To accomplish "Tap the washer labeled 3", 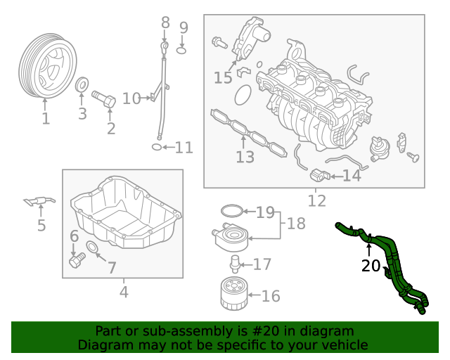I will coord(82,86).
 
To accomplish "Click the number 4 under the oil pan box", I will coord(124,290).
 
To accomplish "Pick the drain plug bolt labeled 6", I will coord(76,262).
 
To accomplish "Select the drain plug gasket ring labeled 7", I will coord(92,247).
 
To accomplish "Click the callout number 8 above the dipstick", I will coord(165,22).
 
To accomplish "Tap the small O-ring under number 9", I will coord(181,49).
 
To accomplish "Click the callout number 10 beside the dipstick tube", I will coord(131,98).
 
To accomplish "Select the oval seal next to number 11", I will coord(157,147).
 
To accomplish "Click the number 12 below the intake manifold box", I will coord(317,201).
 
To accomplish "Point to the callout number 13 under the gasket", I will coord(245,157).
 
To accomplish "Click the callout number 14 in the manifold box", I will coord(351,176).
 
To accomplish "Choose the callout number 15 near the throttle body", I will coord(223,78).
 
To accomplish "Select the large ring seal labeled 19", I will coord(231,210).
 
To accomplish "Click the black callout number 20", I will coord(370,266).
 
